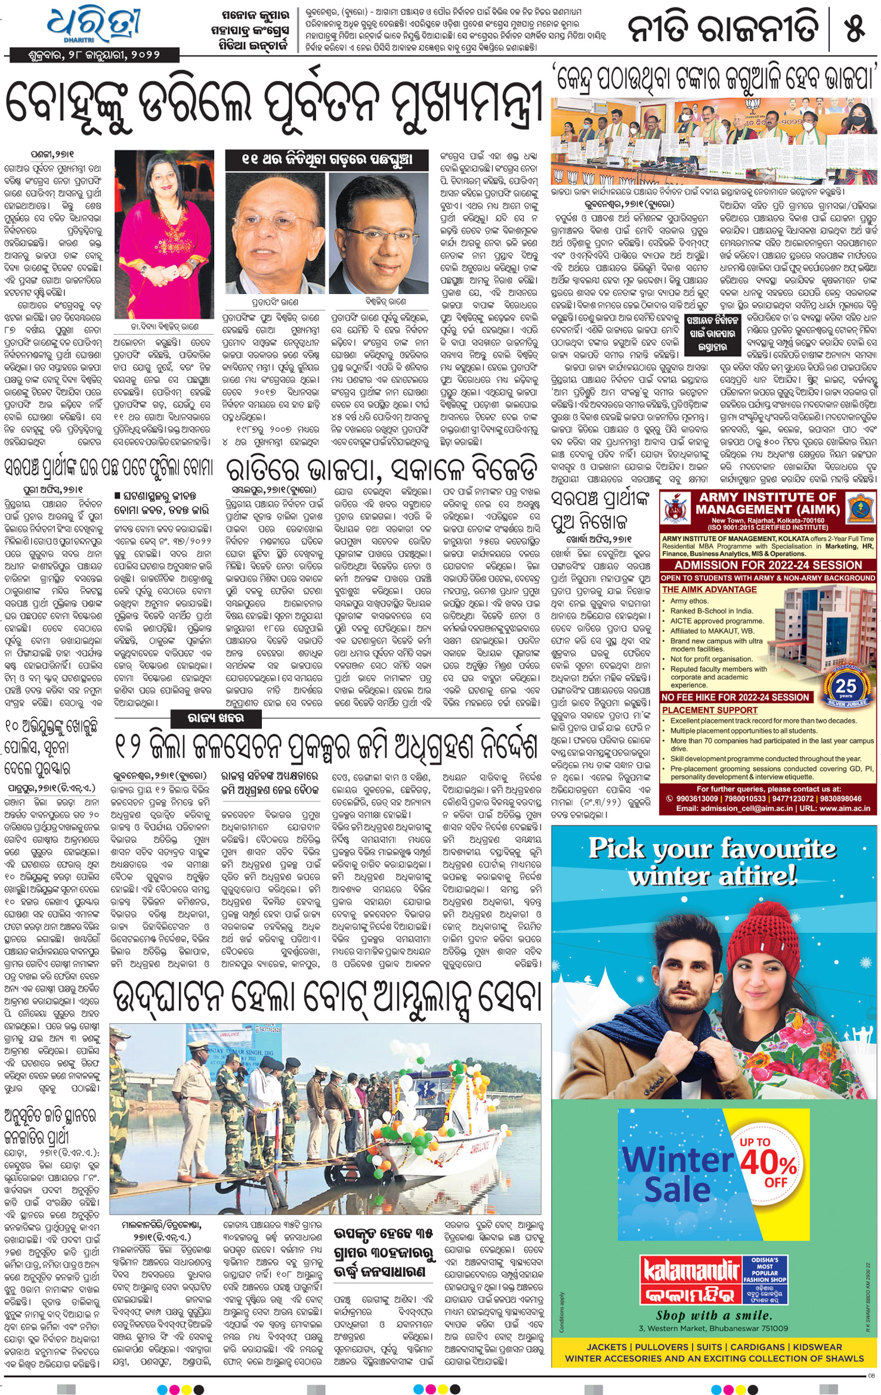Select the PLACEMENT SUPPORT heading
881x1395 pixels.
tap(709, 710)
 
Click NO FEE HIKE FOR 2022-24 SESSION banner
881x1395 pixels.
tap(735, 697)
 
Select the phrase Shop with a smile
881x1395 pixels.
tap(712, 1315)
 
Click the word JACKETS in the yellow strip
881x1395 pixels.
tap(606, 1347)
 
